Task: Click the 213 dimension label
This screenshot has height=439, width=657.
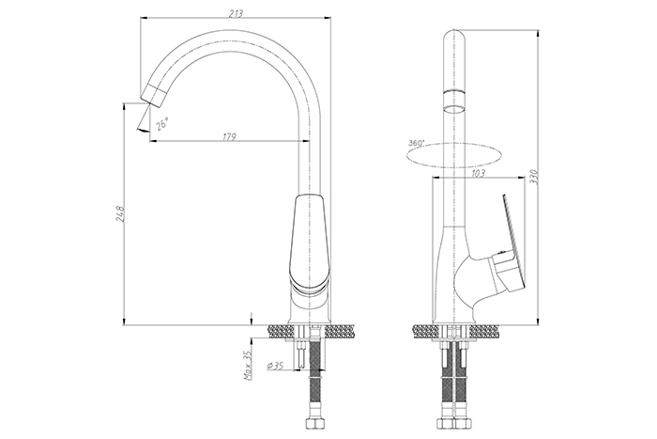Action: [x=236, y=13]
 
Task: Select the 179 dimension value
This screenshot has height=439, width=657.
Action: [x=229, y=137]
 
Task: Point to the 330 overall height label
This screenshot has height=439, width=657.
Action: [x=543, y=178]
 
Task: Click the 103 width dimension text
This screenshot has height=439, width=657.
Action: [x=478, y=173]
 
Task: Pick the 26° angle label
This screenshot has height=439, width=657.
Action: [x=161, y=124]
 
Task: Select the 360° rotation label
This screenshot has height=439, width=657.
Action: [x=416, y=143]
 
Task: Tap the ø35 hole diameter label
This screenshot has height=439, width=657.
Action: [x=275, y=366]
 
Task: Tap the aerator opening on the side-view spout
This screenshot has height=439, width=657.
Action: [x=454, y=110]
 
